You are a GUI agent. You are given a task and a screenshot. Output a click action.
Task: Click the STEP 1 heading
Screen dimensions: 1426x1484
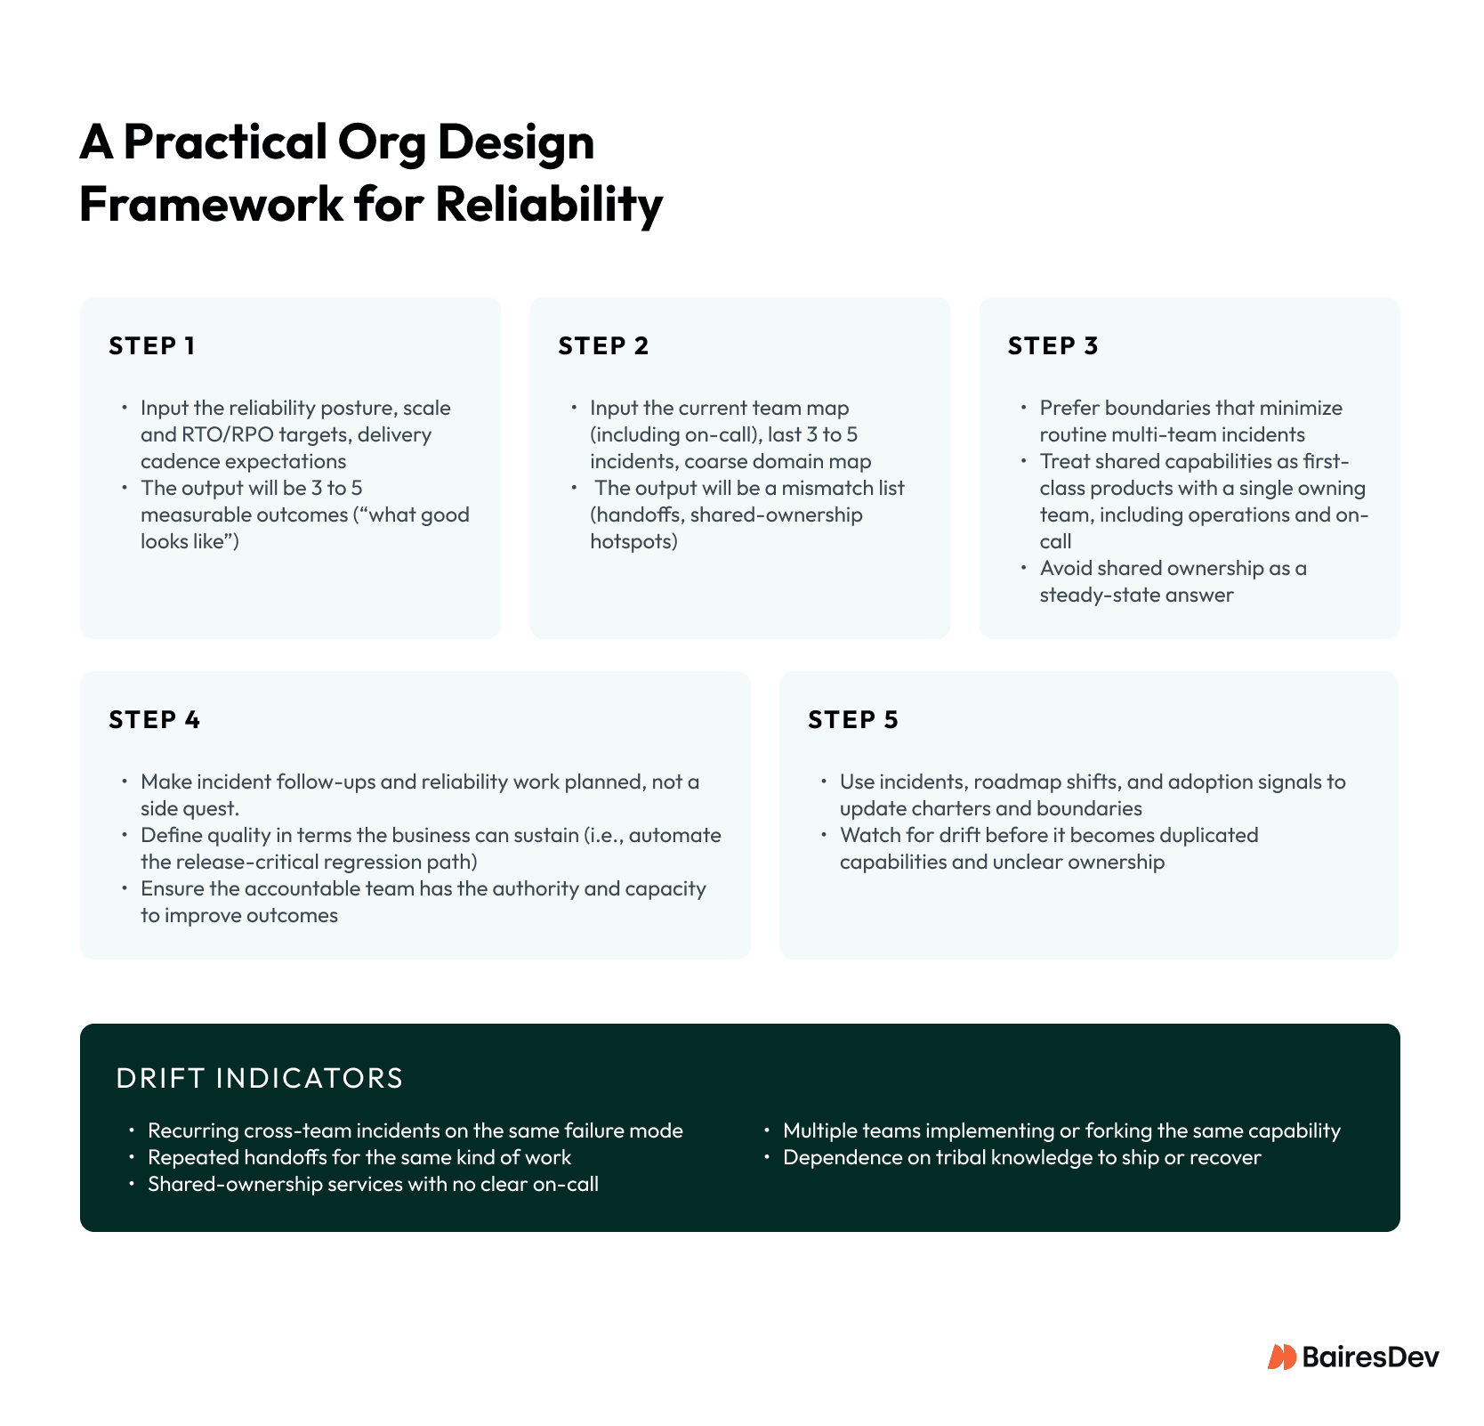pos(151,345)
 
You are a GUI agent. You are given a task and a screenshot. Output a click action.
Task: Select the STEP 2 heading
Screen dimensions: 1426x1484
pos(603,345)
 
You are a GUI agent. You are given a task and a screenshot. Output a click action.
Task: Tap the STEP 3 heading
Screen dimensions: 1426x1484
pos(1053,345)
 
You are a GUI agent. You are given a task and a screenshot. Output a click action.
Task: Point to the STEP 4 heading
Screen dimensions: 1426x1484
pos(154,719)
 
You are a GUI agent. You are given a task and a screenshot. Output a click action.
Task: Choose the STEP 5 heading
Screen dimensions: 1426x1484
pos(852,719)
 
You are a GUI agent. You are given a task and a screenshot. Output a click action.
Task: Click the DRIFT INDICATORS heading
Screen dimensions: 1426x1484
pos(259,1078)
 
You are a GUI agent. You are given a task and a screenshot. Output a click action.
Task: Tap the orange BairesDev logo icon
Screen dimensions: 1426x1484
pos(1281,1357)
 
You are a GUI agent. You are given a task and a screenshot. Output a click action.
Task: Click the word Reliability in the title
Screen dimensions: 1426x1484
pos(549,204)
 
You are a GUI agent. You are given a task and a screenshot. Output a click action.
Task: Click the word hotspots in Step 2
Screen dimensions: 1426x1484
pos(633,541)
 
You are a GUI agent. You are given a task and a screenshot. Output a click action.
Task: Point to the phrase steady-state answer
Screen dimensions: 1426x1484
pos(1136,595)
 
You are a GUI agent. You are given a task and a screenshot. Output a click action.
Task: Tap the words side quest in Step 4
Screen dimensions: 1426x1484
pos(189,808)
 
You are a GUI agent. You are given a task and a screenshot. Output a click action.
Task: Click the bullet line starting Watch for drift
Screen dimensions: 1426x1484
pos(1048,835)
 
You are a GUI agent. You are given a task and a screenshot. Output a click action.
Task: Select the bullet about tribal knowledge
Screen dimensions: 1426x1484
pos(1021,1157)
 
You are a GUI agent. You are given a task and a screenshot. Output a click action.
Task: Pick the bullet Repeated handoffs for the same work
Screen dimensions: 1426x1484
pos(359,1157)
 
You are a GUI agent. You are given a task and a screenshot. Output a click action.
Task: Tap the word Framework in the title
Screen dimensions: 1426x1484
pos(210,204)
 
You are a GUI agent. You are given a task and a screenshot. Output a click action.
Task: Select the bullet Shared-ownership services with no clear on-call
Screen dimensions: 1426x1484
pos(372,1184)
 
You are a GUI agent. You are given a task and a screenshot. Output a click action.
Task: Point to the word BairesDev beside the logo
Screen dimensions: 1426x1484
pos(1369,1357)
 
